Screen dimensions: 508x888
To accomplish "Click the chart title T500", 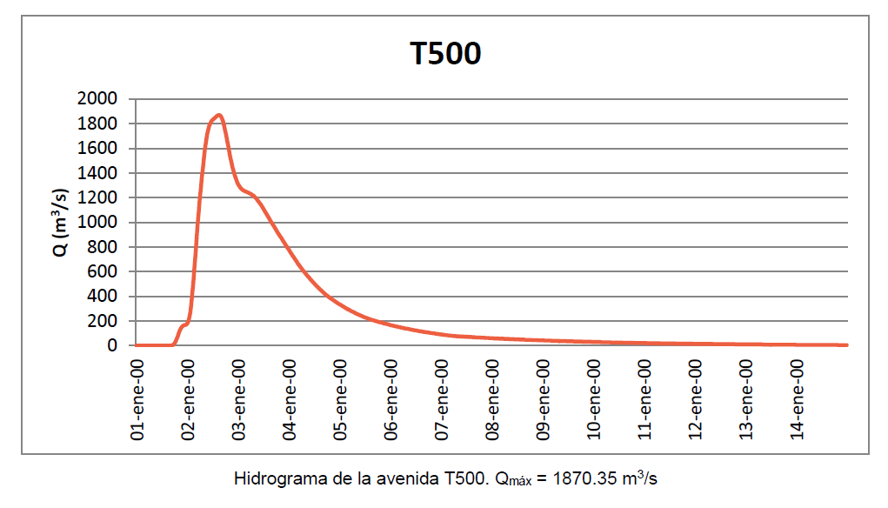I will [x=446, y=54].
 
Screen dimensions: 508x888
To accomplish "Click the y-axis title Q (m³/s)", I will [x=60, y=223].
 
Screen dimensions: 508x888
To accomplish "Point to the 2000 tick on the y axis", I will [x=97, y=99].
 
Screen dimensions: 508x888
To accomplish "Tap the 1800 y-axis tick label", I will [x=97, y=124].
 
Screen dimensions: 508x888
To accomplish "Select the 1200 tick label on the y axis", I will [x=97, y=197].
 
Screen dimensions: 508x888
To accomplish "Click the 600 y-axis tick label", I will [x=103, y=271].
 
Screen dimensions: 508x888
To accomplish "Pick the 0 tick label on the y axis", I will [x=112, y=345].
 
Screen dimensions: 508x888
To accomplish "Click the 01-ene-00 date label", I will [x=137, y=397].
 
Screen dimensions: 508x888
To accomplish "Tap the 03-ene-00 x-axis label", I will [x=238, y=397].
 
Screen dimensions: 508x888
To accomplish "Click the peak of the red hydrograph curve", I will [x=219, y=115].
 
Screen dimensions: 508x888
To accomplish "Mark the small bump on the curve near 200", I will [x=184, y=325].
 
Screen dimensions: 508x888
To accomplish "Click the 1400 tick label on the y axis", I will [x=97, y=173].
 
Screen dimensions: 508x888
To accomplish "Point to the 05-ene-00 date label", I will [x=339, y=397].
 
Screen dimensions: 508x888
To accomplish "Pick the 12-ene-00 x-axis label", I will [x=695, y=397].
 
